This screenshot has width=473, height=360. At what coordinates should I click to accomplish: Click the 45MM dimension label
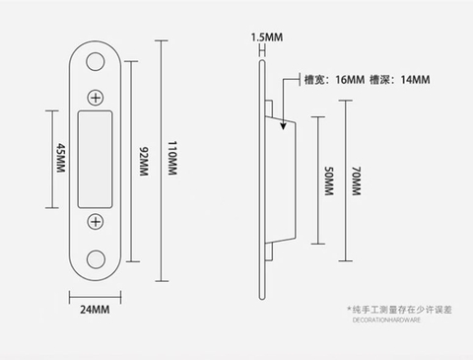coord(60,157)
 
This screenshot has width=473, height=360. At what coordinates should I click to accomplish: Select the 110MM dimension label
coord(172,157)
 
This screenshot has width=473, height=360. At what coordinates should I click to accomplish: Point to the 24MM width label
coord(94,310)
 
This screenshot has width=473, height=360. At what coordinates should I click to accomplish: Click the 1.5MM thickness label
coord(267,37)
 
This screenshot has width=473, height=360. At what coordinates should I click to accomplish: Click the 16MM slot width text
coord(326,79)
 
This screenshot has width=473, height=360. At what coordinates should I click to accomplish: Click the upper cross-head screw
coord(97,97)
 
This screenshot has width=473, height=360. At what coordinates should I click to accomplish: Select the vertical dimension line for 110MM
coord(160,157)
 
